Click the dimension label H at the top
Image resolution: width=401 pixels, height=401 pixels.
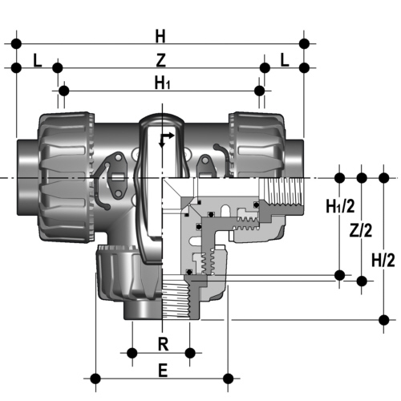(160, 36)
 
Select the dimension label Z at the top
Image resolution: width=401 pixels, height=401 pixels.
(161, 60)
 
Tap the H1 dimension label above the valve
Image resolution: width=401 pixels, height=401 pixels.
(162, 83)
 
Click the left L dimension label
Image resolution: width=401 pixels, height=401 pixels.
(38, 60)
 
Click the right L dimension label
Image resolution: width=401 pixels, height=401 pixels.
(285, 60)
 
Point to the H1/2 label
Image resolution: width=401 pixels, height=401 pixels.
(340, 206)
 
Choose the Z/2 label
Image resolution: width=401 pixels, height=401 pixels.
(361, 230)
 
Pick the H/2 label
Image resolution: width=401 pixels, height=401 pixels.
(383, 260)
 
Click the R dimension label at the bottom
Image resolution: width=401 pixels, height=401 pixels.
(164, 344)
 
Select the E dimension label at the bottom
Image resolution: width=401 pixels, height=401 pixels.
(163, 371)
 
